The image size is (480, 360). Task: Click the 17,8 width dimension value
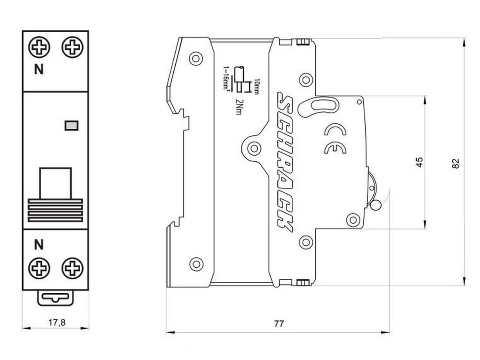(x=57, y=323)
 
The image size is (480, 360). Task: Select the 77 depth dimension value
(x=279, y=324)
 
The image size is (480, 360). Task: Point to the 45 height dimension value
(x=420, y=162)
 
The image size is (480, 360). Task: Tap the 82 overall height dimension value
(x=456, y=163)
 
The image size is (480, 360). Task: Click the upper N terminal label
(x=38, y=70)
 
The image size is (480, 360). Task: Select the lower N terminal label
(x=38, y=245)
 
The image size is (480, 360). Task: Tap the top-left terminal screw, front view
(x=39, y=47)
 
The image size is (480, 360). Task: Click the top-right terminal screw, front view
(x=72, y=47)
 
